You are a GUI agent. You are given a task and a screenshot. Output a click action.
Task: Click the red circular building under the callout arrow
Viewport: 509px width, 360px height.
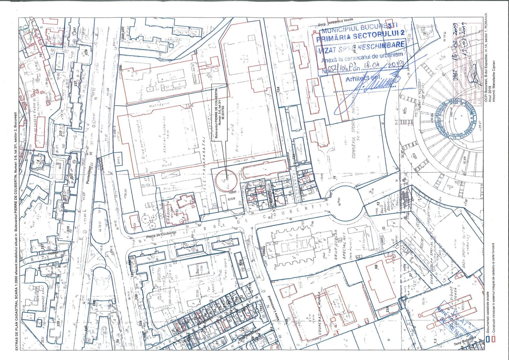(225, 181)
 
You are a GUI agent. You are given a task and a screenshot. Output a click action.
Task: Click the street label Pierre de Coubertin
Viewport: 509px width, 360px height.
(161, 235)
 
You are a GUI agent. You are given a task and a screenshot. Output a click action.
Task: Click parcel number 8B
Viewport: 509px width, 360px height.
(376, 266)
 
